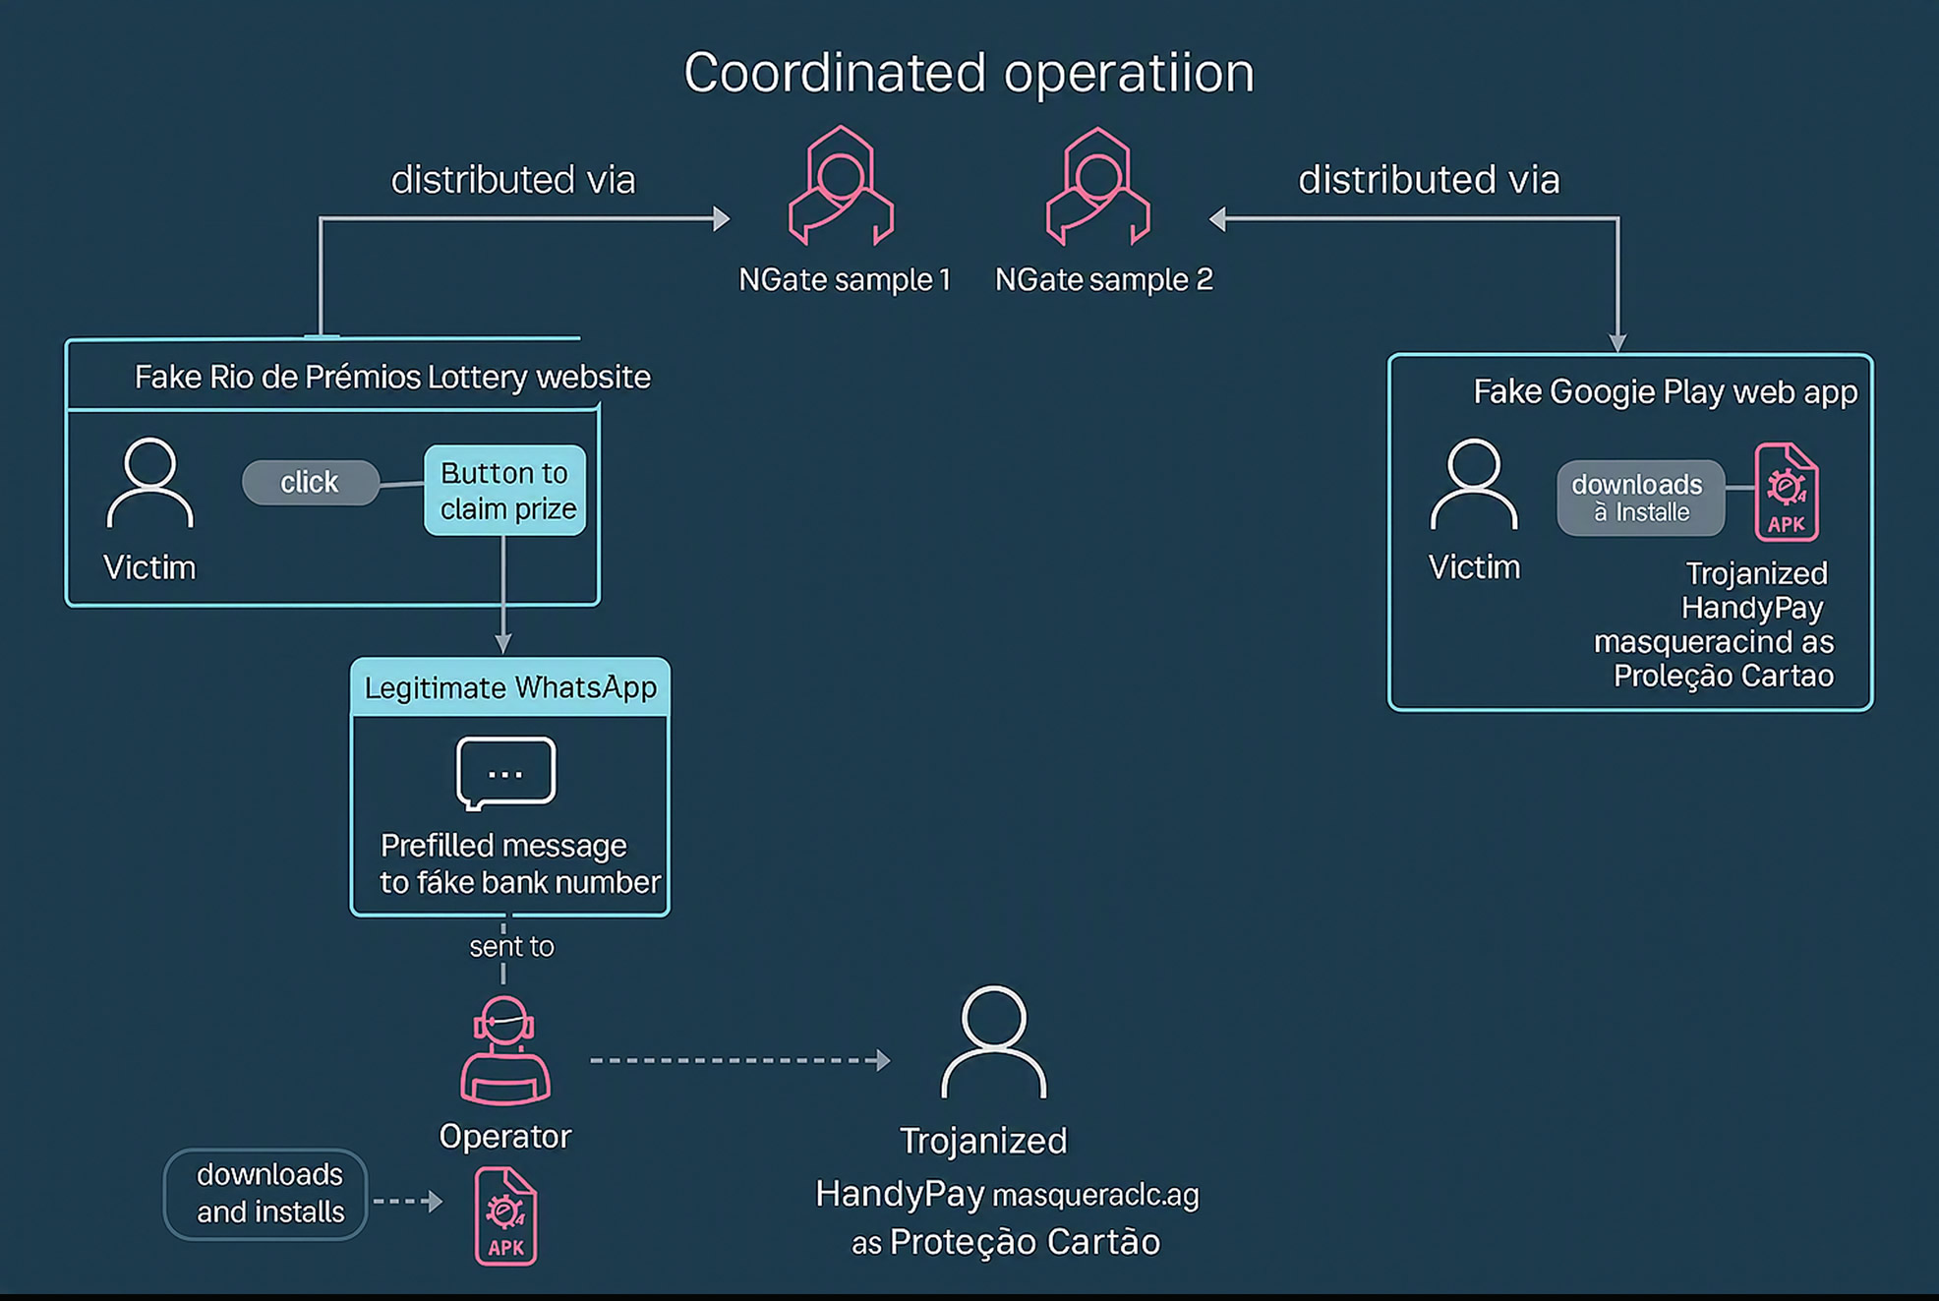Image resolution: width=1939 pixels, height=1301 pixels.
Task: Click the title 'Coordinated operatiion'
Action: tap(969, 73)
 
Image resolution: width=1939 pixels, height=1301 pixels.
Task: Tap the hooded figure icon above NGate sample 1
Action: tap(841, 186)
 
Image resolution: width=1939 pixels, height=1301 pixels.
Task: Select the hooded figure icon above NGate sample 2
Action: tap(1097, 186)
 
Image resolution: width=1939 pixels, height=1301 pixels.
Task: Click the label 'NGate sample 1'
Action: tap(845, 280)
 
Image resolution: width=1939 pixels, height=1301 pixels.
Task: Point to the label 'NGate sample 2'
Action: tap(1103, 280)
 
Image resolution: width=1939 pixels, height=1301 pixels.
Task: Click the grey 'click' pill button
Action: tap(310, 483)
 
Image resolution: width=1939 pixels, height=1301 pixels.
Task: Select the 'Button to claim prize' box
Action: tap(505, 491)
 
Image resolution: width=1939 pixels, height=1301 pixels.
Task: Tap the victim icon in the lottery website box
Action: tap(149, 483)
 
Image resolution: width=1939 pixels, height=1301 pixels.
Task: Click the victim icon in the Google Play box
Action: tap(1473, 485)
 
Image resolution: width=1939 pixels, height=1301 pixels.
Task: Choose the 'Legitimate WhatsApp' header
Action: tap(510, 687)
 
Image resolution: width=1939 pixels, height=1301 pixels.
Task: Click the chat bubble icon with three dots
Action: tap(505, 773)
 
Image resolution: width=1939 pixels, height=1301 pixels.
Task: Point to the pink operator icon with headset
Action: tap(505, 1050)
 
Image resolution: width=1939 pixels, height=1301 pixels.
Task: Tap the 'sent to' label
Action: tap(511, 947)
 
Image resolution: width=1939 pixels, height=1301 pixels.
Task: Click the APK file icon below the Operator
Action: tap(505, 1216)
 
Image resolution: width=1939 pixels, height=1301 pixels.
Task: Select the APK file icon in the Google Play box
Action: tap(1786, 493)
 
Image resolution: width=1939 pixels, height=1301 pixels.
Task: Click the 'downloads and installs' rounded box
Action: tap(266, 1194)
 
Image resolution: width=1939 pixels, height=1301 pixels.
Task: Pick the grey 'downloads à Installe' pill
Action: tap(1639, 499)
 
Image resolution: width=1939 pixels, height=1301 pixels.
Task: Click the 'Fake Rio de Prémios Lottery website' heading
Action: tap(392, 378)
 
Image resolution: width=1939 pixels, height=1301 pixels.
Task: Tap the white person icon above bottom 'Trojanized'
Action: tap(993, 1042)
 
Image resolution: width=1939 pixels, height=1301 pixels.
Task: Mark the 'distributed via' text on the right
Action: tap(1428, 180)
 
